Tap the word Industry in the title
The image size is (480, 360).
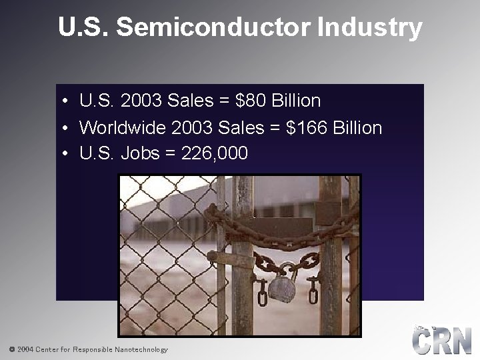370,28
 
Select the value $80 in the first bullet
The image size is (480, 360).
252,101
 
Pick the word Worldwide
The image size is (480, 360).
123,127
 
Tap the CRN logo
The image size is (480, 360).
441,340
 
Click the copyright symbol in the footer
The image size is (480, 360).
11,349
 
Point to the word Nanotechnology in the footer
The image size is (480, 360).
141,349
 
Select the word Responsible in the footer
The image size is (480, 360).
93,349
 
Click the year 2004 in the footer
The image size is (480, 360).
25,349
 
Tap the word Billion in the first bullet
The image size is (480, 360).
296,101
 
